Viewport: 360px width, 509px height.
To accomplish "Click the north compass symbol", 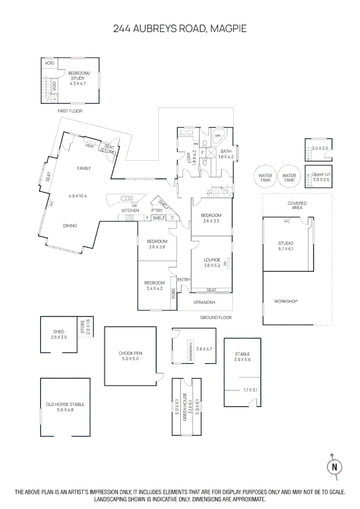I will [335, 467].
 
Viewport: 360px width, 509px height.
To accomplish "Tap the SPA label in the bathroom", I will [218, 136].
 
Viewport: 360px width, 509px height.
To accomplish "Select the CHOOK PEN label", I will [130, 356].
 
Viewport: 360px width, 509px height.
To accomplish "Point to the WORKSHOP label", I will [286, 301].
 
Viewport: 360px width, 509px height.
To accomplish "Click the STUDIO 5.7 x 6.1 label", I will [286, 246].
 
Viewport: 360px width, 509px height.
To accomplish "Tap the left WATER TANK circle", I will [265, 178].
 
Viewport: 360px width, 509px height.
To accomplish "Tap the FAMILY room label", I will [84, 168].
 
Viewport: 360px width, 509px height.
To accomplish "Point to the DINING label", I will [70, 226].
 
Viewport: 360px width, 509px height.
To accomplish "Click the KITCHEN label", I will [131, 210].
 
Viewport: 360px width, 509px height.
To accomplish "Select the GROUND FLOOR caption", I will [216, 318].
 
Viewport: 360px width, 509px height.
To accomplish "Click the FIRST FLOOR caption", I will [70, 111].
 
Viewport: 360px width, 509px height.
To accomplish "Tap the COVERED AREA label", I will [297, 205].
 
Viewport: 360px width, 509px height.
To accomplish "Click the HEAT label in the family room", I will [90, 146].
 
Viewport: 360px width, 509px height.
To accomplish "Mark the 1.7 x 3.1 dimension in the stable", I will [251, 390].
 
